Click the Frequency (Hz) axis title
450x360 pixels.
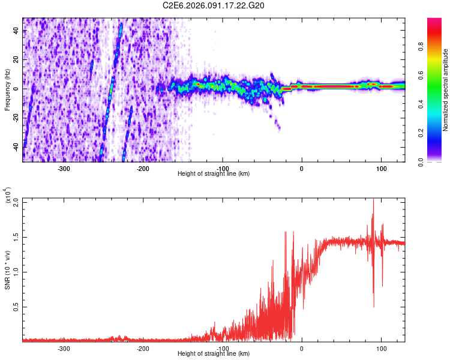pos(7,89)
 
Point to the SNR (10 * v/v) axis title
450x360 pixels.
pos(8,269)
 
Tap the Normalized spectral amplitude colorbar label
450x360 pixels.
pos(446,89)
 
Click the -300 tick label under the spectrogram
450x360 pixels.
pos(64,167)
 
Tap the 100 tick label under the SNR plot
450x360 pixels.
pos(381,347)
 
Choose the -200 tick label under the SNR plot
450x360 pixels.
pos(143,347)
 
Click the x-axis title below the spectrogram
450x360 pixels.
pos(214,174)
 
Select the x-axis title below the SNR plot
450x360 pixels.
pos(214,354)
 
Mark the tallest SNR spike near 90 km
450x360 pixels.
pos(373,200)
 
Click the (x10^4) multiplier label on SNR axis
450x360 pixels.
pos(8,196)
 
